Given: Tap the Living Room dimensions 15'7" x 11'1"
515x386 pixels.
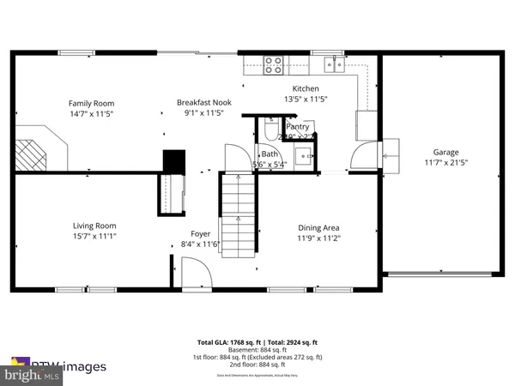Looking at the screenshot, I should tap(94, 237).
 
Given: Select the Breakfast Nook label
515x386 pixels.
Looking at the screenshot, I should tap(204, 100).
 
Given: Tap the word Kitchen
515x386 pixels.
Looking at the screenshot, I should tap(306, 88).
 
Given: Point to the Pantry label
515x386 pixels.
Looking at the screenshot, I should tap(298, 126).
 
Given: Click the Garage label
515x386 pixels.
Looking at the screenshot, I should tap(445, 151).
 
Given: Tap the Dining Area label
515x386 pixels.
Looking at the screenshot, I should tap(325, 227).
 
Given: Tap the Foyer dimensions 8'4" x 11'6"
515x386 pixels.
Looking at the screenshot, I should tap(201, 244).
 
